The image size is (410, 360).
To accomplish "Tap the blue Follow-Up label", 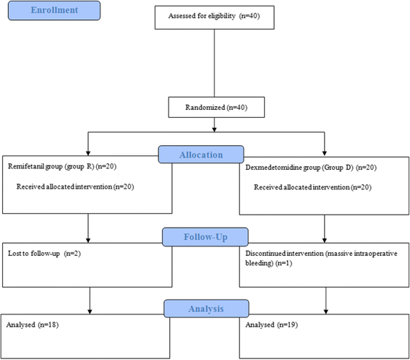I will [204, 236].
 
